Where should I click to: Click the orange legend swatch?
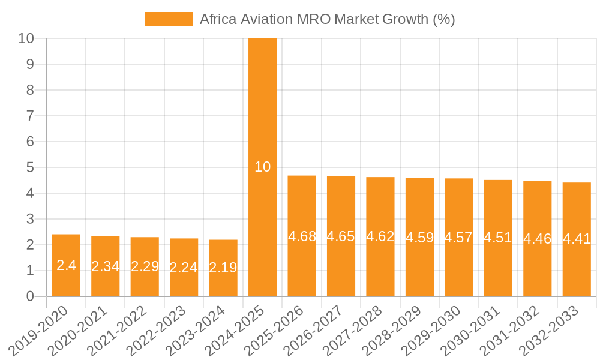[x=168, y=19]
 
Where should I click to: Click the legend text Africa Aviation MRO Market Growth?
[x=327, y=19]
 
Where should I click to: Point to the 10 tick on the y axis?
[x=26, y=38]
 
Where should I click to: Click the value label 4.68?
[x=302, y=236]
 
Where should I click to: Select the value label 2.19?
[x=223, y=268]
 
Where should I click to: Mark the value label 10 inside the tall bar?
[x=262, y=167]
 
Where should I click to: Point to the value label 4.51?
[x=498, y=238]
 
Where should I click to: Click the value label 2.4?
[x=66, y=265]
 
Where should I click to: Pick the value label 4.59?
[x=419, y=237]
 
